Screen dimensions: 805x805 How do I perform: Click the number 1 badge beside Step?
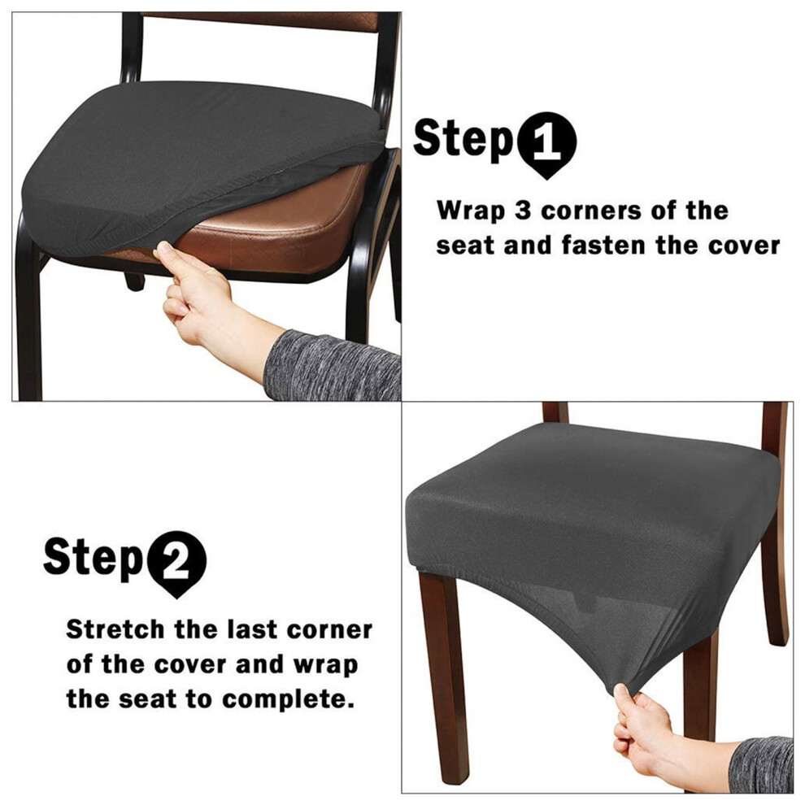pos(546,143)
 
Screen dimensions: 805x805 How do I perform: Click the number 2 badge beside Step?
pos(176,562)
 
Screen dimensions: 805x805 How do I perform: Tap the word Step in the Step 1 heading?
pos(463,140)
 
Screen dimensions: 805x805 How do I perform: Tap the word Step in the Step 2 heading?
pos(93,559)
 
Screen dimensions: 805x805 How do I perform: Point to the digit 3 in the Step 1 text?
pos(523,211)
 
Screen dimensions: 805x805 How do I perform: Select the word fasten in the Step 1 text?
pos(603,245)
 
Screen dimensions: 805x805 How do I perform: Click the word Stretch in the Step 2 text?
pos(115,629)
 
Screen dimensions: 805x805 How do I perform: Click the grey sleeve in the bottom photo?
pos(761,764)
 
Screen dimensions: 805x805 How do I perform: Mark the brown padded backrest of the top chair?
pos(259,20)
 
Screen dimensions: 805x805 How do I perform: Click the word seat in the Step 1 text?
pos(464,246)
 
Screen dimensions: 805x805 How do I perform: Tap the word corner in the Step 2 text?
pos(329,630)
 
